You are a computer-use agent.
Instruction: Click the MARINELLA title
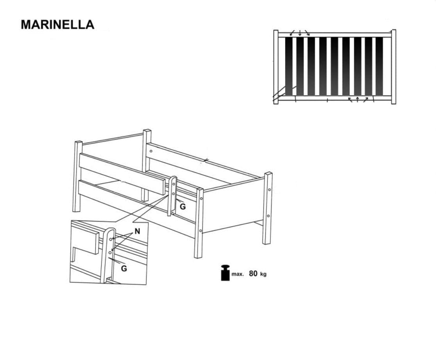click(x=57, y=25)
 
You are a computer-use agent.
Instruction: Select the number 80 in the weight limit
click(x=253, y=274)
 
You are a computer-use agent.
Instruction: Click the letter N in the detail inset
click(x=137, y=231)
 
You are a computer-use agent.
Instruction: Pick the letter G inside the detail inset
click(x=124, y=269)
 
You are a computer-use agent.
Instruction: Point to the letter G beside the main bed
click(x=183, y=207)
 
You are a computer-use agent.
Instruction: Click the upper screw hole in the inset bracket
click(x=111, y=239)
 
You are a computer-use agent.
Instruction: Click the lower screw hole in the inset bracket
click(x=110, y=252)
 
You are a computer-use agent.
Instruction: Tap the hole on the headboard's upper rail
click(x=151, y=151)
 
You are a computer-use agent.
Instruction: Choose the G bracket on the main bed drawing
click(x=172, y=196)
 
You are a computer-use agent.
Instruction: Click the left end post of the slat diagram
click(x=276, y=67)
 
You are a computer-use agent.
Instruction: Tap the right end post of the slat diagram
click(x=393, y=67)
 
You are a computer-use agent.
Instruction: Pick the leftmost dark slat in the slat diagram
click(x=289, y=66)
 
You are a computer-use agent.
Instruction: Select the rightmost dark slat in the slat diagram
click(x=379, y=66)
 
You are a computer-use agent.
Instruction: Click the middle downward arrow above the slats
click(x=300, y=33)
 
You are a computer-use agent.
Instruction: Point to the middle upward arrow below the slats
click(x=357, y=99)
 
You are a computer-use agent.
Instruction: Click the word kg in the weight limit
click(x=263, y=274)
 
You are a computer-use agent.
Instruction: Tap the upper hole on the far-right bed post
click(x=270, y=190)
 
